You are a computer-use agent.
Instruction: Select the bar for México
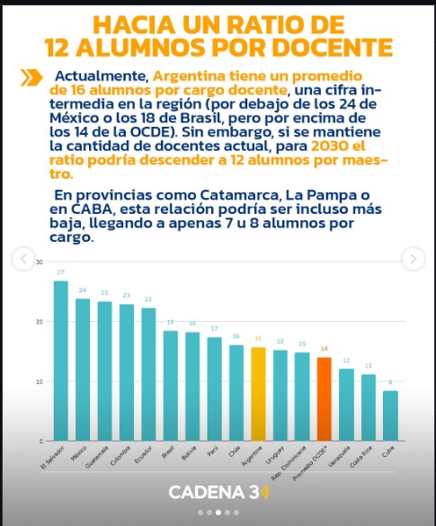[83, 370]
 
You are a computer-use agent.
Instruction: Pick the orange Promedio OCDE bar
[324, 399]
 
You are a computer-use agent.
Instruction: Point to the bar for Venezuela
[346, 405]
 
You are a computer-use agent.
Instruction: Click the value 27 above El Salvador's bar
[61, 272]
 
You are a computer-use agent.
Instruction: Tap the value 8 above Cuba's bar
[390, 382]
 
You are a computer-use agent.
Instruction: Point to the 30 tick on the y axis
[39, 262]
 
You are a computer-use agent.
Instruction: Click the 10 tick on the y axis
[39, 381]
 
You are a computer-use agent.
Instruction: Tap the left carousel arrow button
[22, 259]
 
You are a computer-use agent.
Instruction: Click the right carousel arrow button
[413, 259]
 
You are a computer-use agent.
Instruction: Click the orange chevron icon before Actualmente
[31, 77]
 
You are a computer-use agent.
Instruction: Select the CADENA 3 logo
[218, 492]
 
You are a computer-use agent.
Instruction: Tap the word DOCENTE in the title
[329, 48]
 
